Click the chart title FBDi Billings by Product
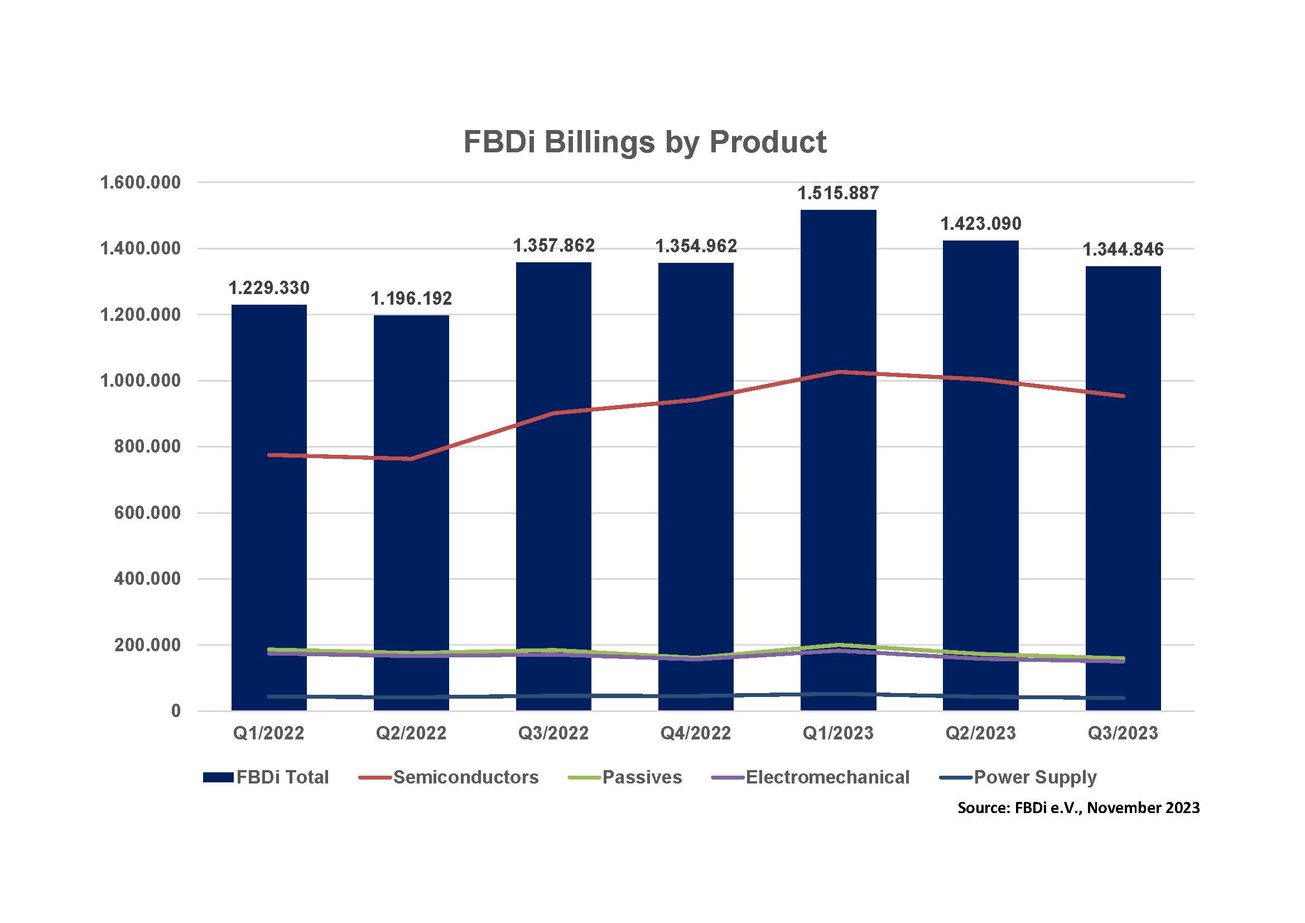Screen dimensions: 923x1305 point(644,142)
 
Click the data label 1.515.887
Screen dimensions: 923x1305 point(839,194)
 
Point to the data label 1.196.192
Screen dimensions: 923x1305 point(411,299)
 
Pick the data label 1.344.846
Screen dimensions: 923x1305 point(1123,249)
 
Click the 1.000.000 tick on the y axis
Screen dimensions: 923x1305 point(141,381)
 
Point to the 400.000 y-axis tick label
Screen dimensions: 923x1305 point(147,579)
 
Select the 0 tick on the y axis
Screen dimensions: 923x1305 point(176,711)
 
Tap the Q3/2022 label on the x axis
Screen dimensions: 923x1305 point(553,733)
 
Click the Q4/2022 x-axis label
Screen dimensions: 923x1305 point(696,733)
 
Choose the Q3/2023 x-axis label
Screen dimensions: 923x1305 point(1123,733)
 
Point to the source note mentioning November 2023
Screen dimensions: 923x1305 point(1078,807)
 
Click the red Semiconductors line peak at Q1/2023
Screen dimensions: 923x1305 point(839,372)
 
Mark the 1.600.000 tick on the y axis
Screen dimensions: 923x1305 point(141,183)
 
